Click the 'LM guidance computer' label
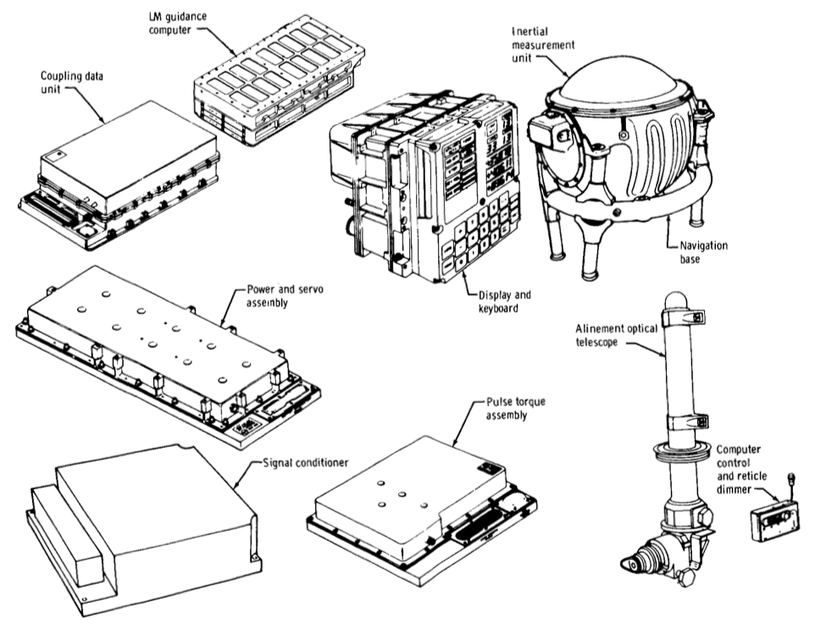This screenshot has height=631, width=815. (x=177, y=24)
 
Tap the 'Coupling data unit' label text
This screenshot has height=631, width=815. (x=72, y=83)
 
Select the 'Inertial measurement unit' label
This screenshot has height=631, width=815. (x=543, y=45)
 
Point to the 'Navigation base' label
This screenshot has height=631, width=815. (x=703, y=252)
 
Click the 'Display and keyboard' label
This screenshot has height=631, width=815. (x=504, y=302)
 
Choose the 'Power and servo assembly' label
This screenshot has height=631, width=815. (x=285, y=296)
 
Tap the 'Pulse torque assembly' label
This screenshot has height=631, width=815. (x=516, y=408)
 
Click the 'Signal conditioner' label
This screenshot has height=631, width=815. (x=306, y=462)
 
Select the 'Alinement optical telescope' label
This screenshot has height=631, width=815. (x=616, y=335)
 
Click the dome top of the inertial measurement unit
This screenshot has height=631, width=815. (x=618, y=83)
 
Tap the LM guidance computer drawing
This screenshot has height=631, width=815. (x=279, y=80)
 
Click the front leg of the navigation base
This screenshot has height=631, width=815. (x=592, y=250)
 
